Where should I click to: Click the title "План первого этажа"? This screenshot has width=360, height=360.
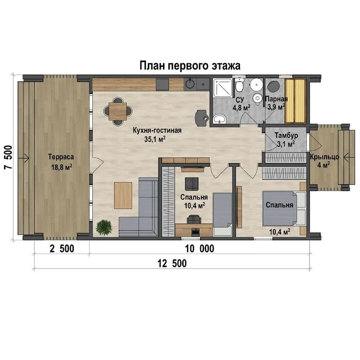(190, 66)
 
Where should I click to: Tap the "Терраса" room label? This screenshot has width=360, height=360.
(61, 157)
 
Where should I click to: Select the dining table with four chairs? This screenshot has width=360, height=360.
(118, 111)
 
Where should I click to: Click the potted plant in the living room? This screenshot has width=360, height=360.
(104, 227)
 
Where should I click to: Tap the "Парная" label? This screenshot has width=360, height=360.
(276, 99)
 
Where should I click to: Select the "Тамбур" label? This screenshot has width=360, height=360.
(286, 135)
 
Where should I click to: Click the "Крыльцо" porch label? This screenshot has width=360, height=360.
(324, 157)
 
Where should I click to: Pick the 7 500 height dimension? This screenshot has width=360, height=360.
(8, 157)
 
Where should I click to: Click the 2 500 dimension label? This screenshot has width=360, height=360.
(62, 249)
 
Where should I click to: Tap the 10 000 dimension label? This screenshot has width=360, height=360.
(200, 249)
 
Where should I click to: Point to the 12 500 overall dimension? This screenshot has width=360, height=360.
(172, 263)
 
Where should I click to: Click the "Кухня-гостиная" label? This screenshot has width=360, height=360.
(157, 130)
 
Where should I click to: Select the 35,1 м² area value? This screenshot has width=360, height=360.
(155, 139)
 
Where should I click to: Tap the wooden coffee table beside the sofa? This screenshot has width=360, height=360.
(123, 195)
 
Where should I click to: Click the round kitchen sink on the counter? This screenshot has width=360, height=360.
(190, 84)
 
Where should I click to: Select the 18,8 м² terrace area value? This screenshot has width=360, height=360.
(62, 167)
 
